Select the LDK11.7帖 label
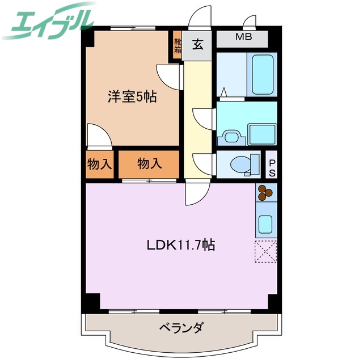[180, 245]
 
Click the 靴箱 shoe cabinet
[178, 46]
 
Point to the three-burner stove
[265, 193]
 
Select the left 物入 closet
[100, 164]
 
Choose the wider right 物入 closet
[149, 164]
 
